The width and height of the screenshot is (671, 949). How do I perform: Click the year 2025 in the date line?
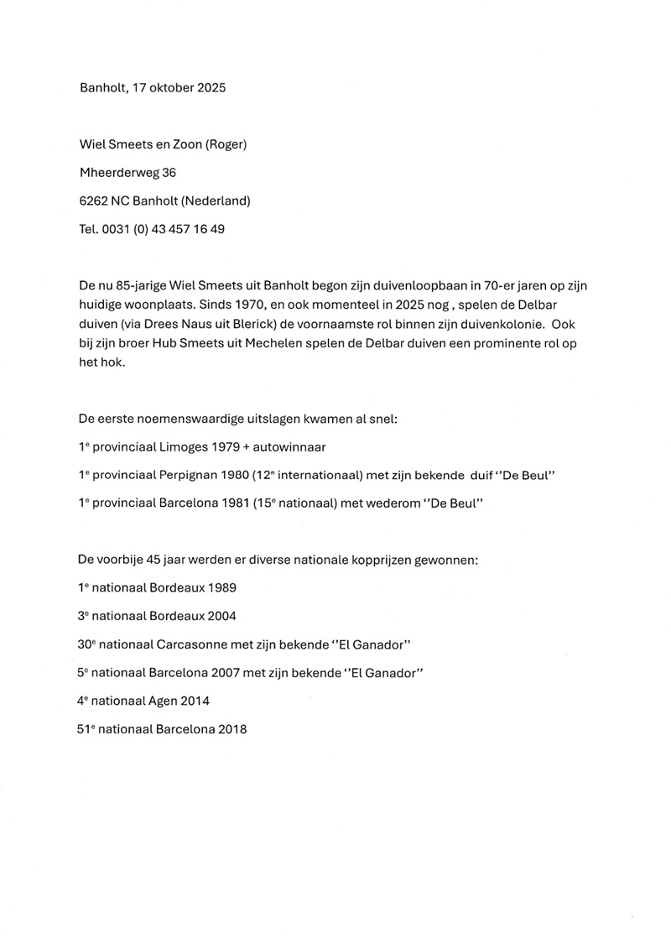(207, 87)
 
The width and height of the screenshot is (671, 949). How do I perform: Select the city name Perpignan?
(191, 476)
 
